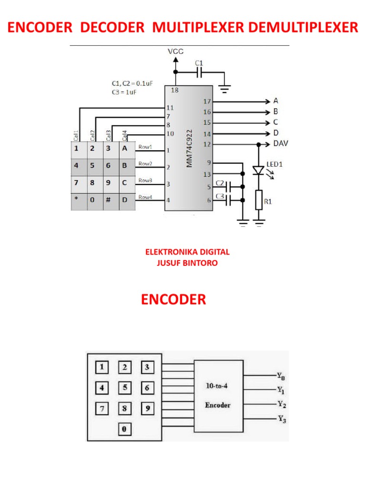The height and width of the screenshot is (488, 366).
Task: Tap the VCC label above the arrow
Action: tap(175, 51)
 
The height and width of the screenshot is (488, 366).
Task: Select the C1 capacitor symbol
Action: tap(199, 72)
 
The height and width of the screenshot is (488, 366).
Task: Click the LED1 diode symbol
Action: tap(258, 170)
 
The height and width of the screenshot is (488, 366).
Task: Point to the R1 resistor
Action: tap(259, 200)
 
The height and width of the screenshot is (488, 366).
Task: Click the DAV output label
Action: tap(280, 143)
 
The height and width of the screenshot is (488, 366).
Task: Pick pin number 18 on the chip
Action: tap(175, 90)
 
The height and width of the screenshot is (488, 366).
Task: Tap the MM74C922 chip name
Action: tap(189, 148)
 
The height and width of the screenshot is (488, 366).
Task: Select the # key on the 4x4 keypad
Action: tap(108, 200)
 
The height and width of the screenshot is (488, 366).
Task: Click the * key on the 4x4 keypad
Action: tap(76, 200)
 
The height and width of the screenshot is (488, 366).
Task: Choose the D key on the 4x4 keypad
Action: tap(125, 200)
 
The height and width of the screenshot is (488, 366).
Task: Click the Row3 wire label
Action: tap(145, 180)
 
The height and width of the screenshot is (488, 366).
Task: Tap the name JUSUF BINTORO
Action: tap(187, 263)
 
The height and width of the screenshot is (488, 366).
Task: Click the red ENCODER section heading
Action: tap(173, 300)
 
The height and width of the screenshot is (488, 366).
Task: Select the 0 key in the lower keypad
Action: tap(123, 429)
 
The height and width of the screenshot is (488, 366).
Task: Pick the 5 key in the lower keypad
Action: tap(124, 387)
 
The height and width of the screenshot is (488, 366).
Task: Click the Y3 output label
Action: tap(282, 419)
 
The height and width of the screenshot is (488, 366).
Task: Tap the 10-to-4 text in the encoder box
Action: tap(218, 386)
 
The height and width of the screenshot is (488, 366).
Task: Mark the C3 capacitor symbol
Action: tap(229, 200)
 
